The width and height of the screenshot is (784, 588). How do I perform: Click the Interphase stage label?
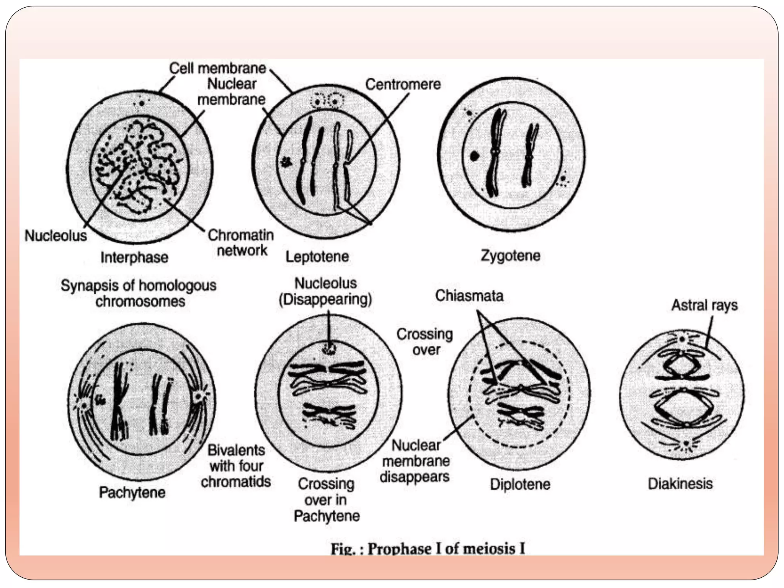134,257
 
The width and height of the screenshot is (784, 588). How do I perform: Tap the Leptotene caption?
317,256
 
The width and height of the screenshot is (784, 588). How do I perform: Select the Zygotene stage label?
510,255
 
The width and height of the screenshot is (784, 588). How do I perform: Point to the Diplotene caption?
520,484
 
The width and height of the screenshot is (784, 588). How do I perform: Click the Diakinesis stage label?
680,483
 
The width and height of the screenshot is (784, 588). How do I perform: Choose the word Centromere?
403,84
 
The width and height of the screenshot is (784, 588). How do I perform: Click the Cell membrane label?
217,69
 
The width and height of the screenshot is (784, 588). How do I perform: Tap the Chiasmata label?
469,296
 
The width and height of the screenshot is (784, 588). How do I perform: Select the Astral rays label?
704,305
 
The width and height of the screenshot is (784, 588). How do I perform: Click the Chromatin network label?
241,243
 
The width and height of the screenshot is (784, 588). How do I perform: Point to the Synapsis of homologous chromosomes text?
139,293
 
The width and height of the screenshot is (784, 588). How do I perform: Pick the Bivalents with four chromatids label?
236,466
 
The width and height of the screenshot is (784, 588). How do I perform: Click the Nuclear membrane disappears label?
415,461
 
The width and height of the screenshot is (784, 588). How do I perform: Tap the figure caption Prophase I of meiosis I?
428,549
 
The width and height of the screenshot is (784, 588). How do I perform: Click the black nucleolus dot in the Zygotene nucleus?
474,156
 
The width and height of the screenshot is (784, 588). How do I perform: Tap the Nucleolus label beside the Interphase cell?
56,235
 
